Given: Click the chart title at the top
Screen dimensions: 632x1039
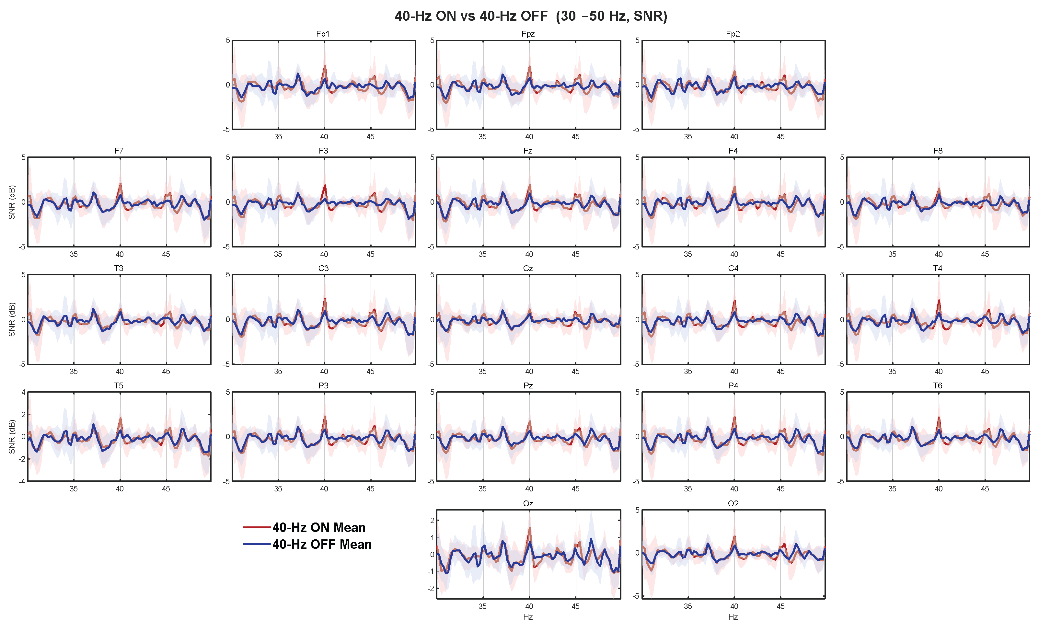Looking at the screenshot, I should tap(530, 16).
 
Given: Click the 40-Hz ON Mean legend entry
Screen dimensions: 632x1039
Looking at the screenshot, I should tap(319, 527).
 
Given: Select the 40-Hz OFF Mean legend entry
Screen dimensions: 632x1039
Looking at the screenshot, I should tap(322, 544).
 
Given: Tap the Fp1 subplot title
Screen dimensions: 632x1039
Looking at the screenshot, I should tap(323, 34).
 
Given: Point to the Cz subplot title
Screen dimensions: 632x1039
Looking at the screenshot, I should tap(528, 268).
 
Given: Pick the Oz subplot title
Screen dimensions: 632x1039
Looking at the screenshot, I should tap(528, 503).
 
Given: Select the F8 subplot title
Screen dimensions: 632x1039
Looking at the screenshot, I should tap(938, 151).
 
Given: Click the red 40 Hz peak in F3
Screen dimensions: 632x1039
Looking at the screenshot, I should tap(325, 186).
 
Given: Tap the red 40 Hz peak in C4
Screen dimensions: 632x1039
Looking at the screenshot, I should tap(734, 301).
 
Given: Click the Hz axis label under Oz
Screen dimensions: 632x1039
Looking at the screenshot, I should tap(528, 617).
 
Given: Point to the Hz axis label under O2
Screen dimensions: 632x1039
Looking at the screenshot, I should tap(733, 617).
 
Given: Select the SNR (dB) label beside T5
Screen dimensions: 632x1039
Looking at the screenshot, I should tap(12, 437).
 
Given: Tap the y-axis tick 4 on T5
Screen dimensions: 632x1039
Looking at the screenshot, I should tap(24, 392).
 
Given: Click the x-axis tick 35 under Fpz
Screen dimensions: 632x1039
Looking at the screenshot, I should tap(482, 137).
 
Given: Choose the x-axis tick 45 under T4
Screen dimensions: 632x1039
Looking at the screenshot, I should tap(985, 372).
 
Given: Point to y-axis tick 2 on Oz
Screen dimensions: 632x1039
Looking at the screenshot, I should tap(432, 521).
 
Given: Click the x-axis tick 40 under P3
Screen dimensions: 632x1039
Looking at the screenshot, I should tap(324, 488).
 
